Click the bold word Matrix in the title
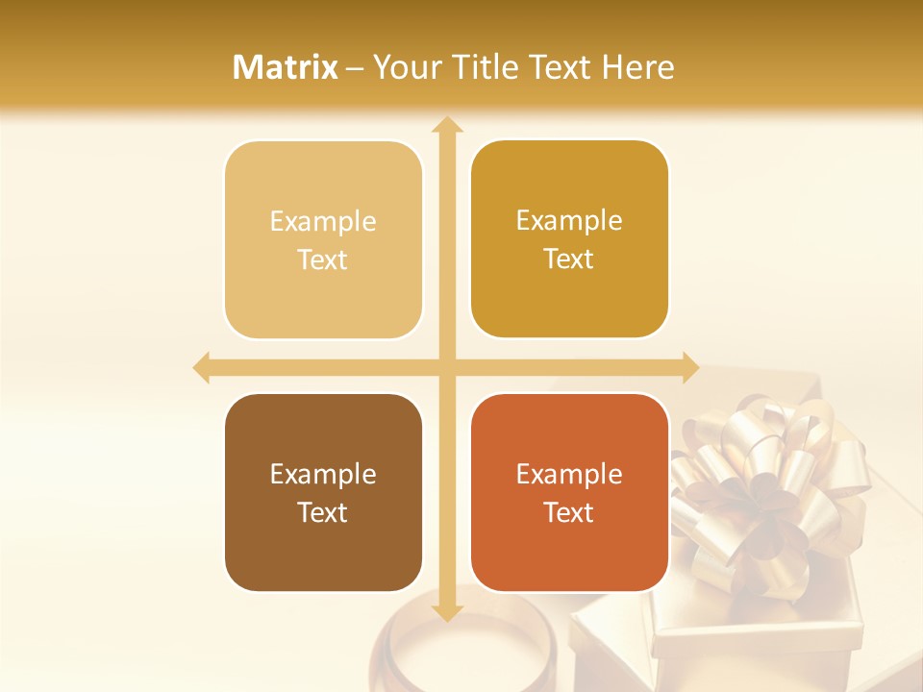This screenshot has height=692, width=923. click(286, 67)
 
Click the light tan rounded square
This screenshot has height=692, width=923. click(323, 240)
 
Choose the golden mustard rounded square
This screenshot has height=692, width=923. click(569, 239)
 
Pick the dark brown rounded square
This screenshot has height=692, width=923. click(323, 492)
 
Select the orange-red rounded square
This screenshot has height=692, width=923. click(569, 492)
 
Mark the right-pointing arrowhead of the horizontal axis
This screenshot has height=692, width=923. click(689, 368)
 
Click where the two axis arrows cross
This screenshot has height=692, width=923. click(446, 368)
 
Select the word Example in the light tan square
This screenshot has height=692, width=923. click(323, 222)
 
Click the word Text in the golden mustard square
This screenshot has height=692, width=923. click(569, 259)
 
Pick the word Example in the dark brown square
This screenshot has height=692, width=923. click(323, 475)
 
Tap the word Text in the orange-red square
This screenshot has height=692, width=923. click(569, 512)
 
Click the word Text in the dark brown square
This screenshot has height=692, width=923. click(323, 512)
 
